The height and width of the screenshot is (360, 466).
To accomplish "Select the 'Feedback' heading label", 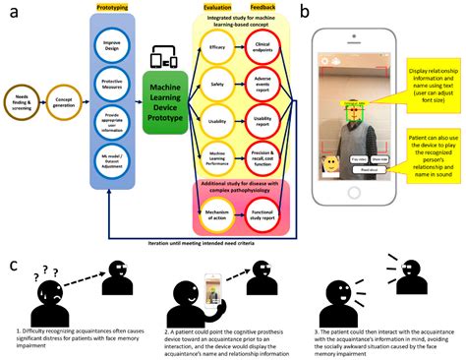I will (265, 7).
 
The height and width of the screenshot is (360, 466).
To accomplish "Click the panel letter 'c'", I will (13, 265).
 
